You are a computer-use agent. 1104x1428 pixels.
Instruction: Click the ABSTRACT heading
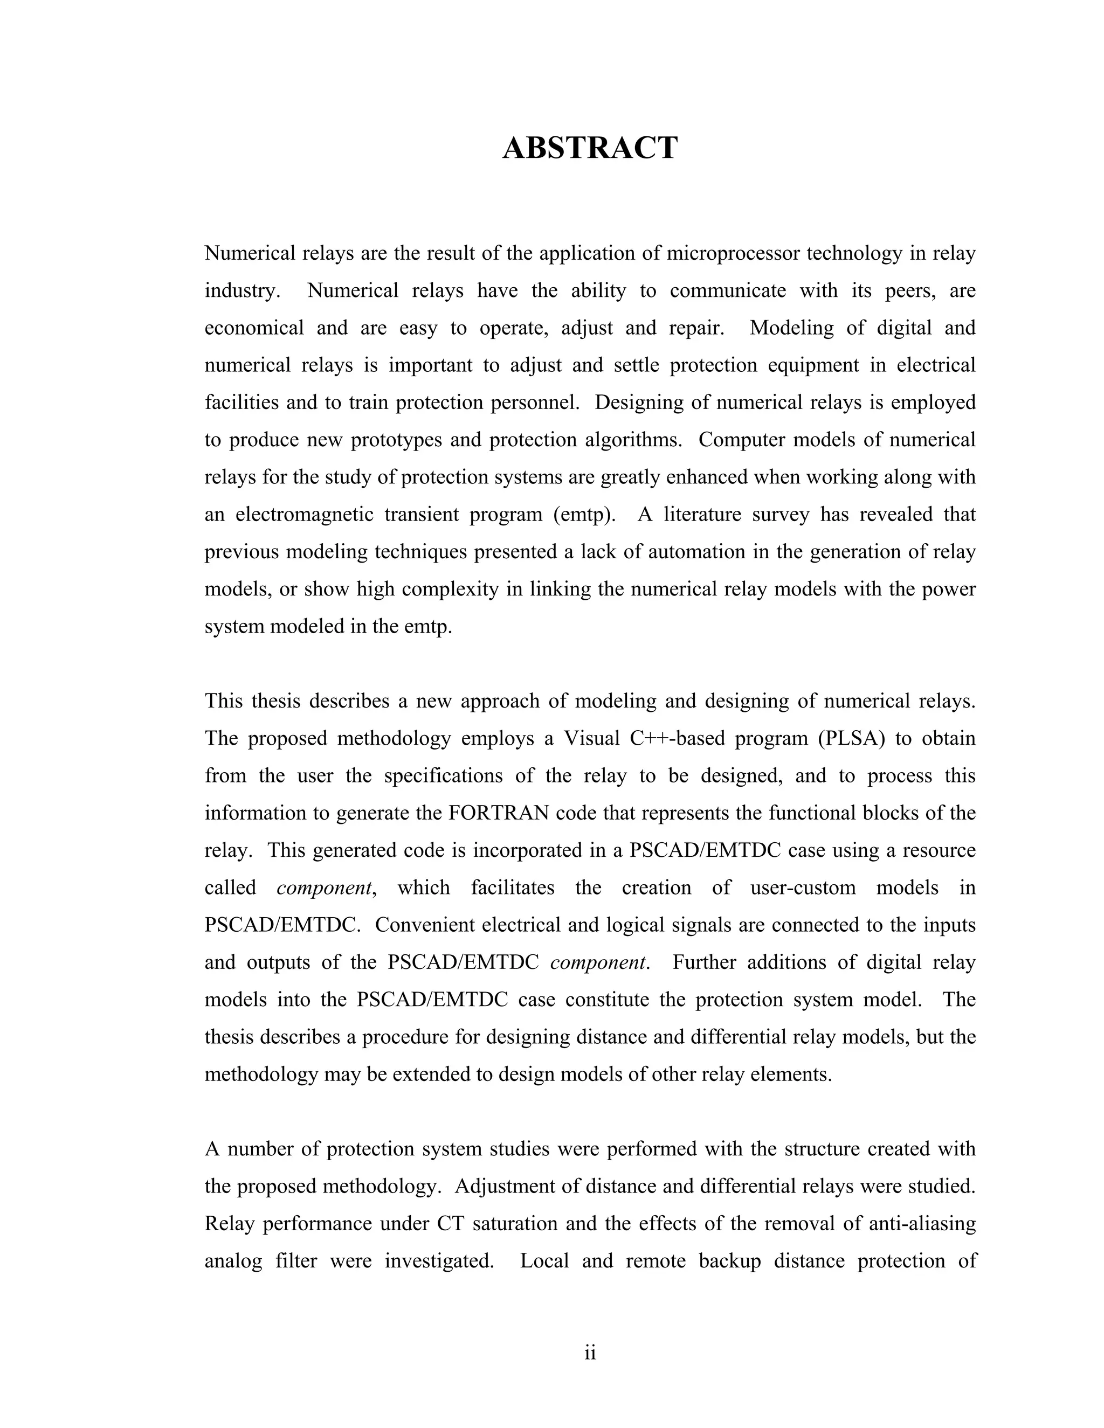click(x=590, y=148)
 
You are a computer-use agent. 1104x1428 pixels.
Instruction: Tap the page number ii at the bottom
click(x=590, y=1352)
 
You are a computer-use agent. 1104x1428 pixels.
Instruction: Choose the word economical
click(x=254, y=328)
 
